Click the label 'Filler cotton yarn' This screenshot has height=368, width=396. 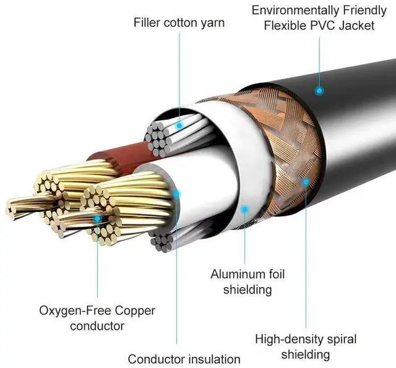(x=179, y=24)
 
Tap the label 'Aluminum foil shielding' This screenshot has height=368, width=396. (x=247, y=281)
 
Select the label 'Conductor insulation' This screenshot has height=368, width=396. (x=184, y=359)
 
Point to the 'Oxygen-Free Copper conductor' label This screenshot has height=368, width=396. (x=97, y=317)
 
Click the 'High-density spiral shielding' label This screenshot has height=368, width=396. (x=306, y=346)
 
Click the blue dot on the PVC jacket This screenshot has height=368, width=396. (x=319, y=90)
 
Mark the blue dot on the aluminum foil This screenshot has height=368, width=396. (x=244, y=209)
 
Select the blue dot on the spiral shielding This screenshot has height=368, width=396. (x=305, y=181)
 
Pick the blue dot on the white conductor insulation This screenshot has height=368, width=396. (x=176, y=193)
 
